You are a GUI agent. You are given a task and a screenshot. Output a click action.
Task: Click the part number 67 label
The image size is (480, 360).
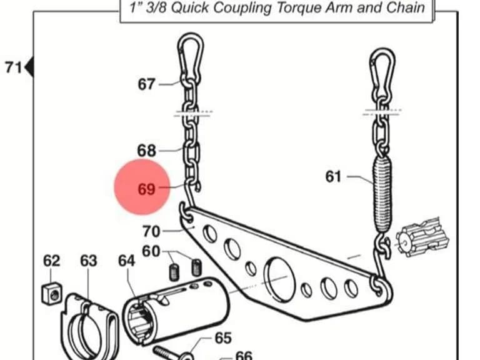(147, 84)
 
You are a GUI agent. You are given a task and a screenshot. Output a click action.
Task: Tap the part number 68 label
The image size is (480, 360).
(147, 151)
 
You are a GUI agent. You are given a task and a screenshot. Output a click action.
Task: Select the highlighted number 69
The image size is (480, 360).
(147, 189)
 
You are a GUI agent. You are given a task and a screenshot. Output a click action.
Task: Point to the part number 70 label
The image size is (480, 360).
(151, 231)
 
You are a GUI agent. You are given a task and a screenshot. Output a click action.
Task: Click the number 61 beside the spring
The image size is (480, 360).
(333, 177)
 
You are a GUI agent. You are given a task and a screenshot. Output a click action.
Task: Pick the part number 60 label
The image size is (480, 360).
(151, 251)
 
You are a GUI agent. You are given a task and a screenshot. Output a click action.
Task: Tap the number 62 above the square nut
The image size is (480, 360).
(51, 261)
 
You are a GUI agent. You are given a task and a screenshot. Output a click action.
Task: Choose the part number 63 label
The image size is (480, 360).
(89, 261)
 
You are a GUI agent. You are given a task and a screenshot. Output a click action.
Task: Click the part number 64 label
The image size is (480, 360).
(127, 261)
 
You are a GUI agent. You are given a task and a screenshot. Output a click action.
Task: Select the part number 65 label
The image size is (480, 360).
(223, 338)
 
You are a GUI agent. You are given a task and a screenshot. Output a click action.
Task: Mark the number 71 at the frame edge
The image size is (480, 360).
(14, 67)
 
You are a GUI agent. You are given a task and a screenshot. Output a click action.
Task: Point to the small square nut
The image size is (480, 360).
(52, 293)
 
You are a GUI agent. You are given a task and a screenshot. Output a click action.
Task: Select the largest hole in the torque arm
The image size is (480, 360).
(279, 279)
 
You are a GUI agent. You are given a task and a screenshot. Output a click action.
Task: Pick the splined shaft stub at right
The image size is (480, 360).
(422, 237)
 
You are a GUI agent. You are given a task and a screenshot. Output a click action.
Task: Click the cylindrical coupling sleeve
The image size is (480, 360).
(176, 311)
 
